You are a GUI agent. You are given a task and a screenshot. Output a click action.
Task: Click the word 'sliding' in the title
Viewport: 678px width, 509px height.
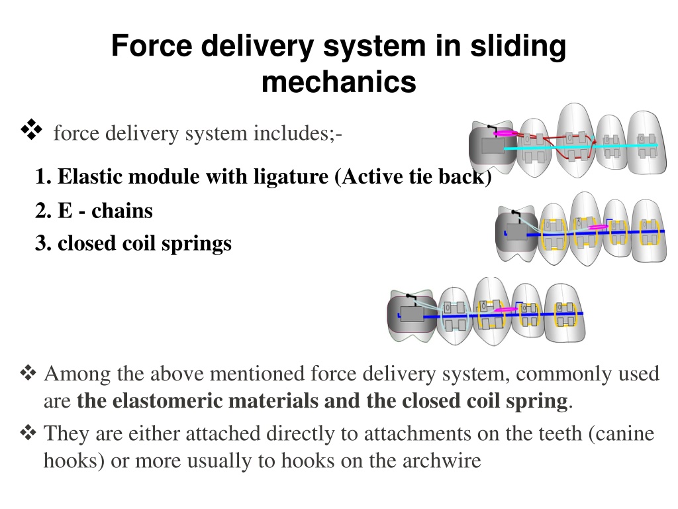point(518,46)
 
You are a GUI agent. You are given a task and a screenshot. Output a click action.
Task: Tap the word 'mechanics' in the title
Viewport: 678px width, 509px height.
point(339,82)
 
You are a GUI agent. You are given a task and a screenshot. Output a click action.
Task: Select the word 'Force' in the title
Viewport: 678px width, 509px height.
point(152,46)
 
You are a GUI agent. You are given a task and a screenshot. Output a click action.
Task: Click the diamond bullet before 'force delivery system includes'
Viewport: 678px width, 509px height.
point(31,129)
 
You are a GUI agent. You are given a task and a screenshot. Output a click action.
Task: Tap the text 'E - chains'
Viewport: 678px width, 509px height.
point(105,211)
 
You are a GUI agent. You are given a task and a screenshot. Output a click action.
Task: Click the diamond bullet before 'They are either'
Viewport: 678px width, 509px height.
point(28,432)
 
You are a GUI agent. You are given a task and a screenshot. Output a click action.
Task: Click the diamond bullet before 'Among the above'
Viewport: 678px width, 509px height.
point(28,373)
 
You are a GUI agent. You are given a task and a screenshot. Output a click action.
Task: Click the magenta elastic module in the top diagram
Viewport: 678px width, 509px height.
point(505,133)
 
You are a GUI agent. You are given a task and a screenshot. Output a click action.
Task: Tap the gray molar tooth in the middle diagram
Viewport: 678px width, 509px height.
point(516,234)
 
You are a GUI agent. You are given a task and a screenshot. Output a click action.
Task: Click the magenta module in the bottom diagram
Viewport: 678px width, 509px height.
point(505,310)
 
